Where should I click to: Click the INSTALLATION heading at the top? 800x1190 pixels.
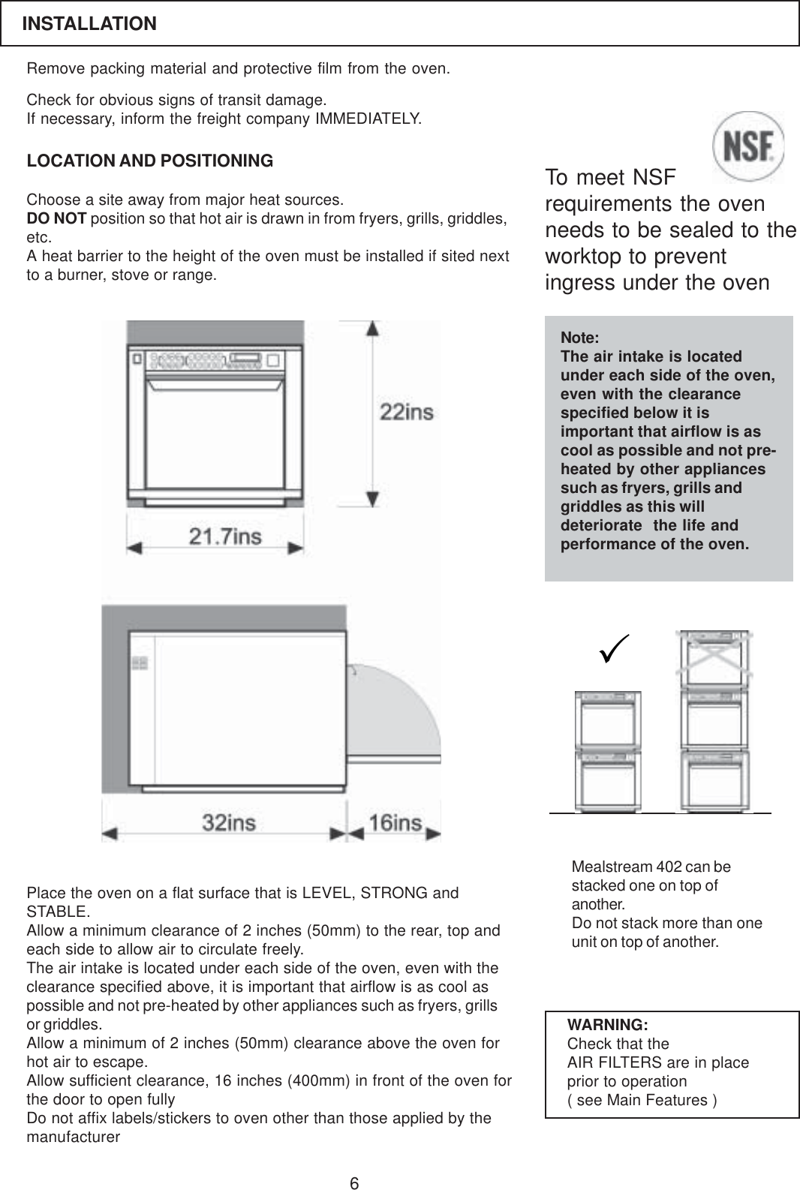pos(89,24)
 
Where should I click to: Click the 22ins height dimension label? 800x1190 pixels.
pos(407,412)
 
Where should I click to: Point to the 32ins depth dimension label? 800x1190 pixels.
pos(229,822)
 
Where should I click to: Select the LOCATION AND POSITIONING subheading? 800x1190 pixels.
pos(150,161)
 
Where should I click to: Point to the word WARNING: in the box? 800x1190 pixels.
pos(608,1025)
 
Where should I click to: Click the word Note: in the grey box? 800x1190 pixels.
pos(580,338)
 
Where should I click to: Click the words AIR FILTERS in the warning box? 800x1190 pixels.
pos(615,1062)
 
